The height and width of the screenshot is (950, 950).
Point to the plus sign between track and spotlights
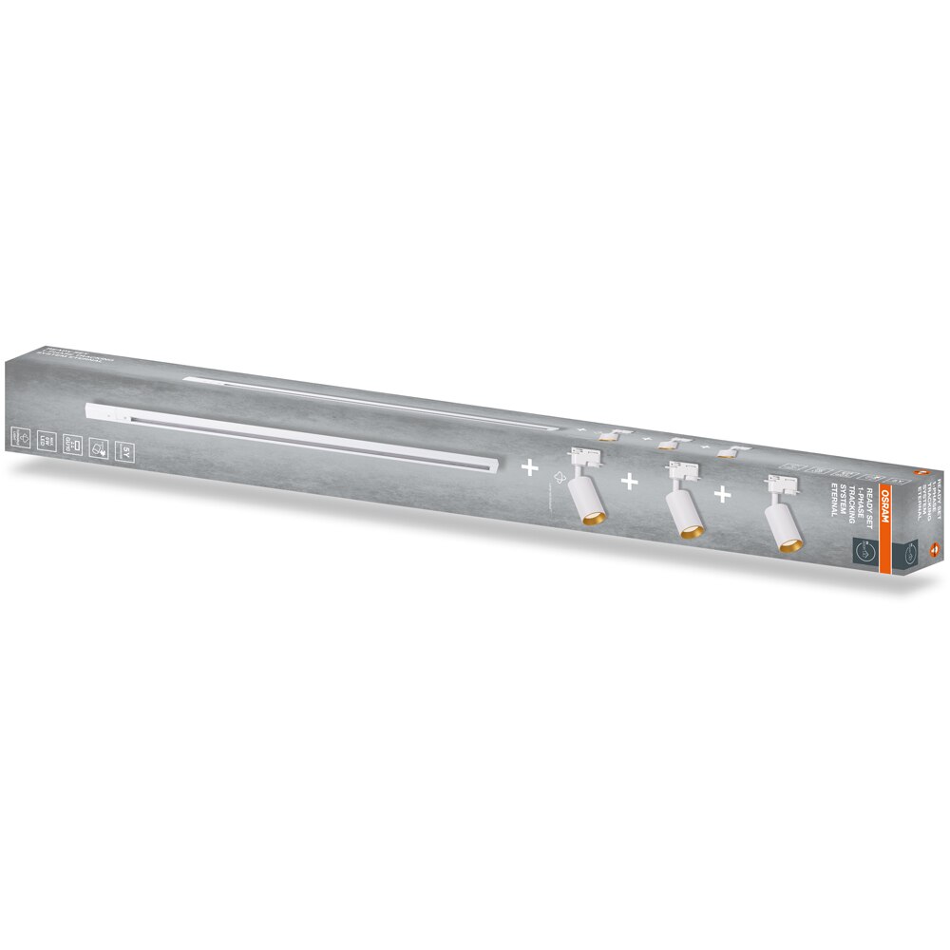pos(527,468)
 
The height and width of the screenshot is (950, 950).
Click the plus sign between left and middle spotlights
pos(628,483)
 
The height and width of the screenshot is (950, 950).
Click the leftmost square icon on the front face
pos(19,436)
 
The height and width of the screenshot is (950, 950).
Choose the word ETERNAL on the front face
pos(835,501)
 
